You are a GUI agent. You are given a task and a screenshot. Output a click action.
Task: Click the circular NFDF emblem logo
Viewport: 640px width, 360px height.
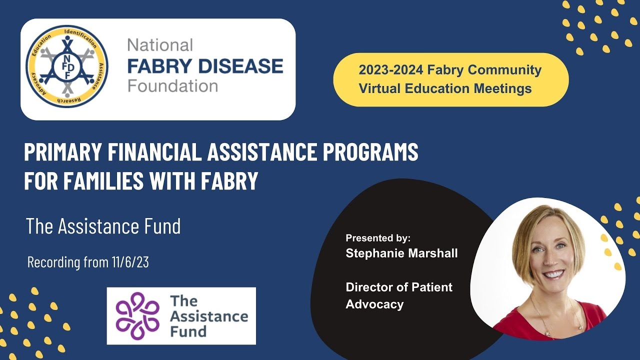(x=66, y=66)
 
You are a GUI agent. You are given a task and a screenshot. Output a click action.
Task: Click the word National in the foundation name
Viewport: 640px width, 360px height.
(x=160, y=45)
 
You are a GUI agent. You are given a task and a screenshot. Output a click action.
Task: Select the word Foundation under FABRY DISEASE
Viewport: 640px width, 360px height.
(x=172, y=85)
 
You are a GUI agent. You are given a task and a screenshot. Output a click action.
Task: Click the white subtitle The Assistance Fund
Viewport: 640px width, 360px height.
(x=103, y=226)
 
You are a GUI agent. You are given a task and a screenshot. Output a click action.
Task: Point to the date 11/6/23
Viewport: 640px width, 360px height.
(x=130, y=262)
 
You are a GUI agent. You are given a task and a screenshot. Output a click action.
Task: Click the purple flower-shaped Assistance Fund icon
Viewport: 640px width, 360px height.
(x=137, y=316)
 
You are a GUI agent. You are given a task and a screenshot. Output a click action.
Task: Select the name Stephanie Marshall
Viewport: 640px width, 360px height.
(x=401, y=253)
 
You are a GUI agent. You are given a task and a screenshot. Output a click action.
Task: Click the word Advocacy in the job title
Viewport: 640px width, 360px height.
(x=374, y=304)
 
